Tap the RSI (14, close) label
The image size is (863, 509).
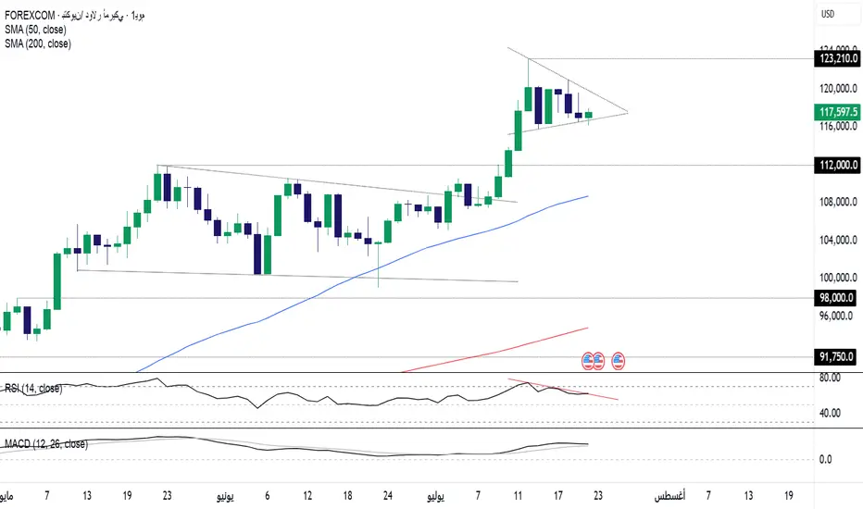pos(33,389)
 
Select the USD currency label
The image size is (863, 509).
pos(828,14)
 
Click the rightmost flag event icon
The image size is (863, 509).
pos(618,357)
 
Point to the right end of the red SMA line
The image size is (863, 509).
pos(588,328)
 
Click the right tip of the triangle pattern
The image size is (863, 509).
pos(628,112)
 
